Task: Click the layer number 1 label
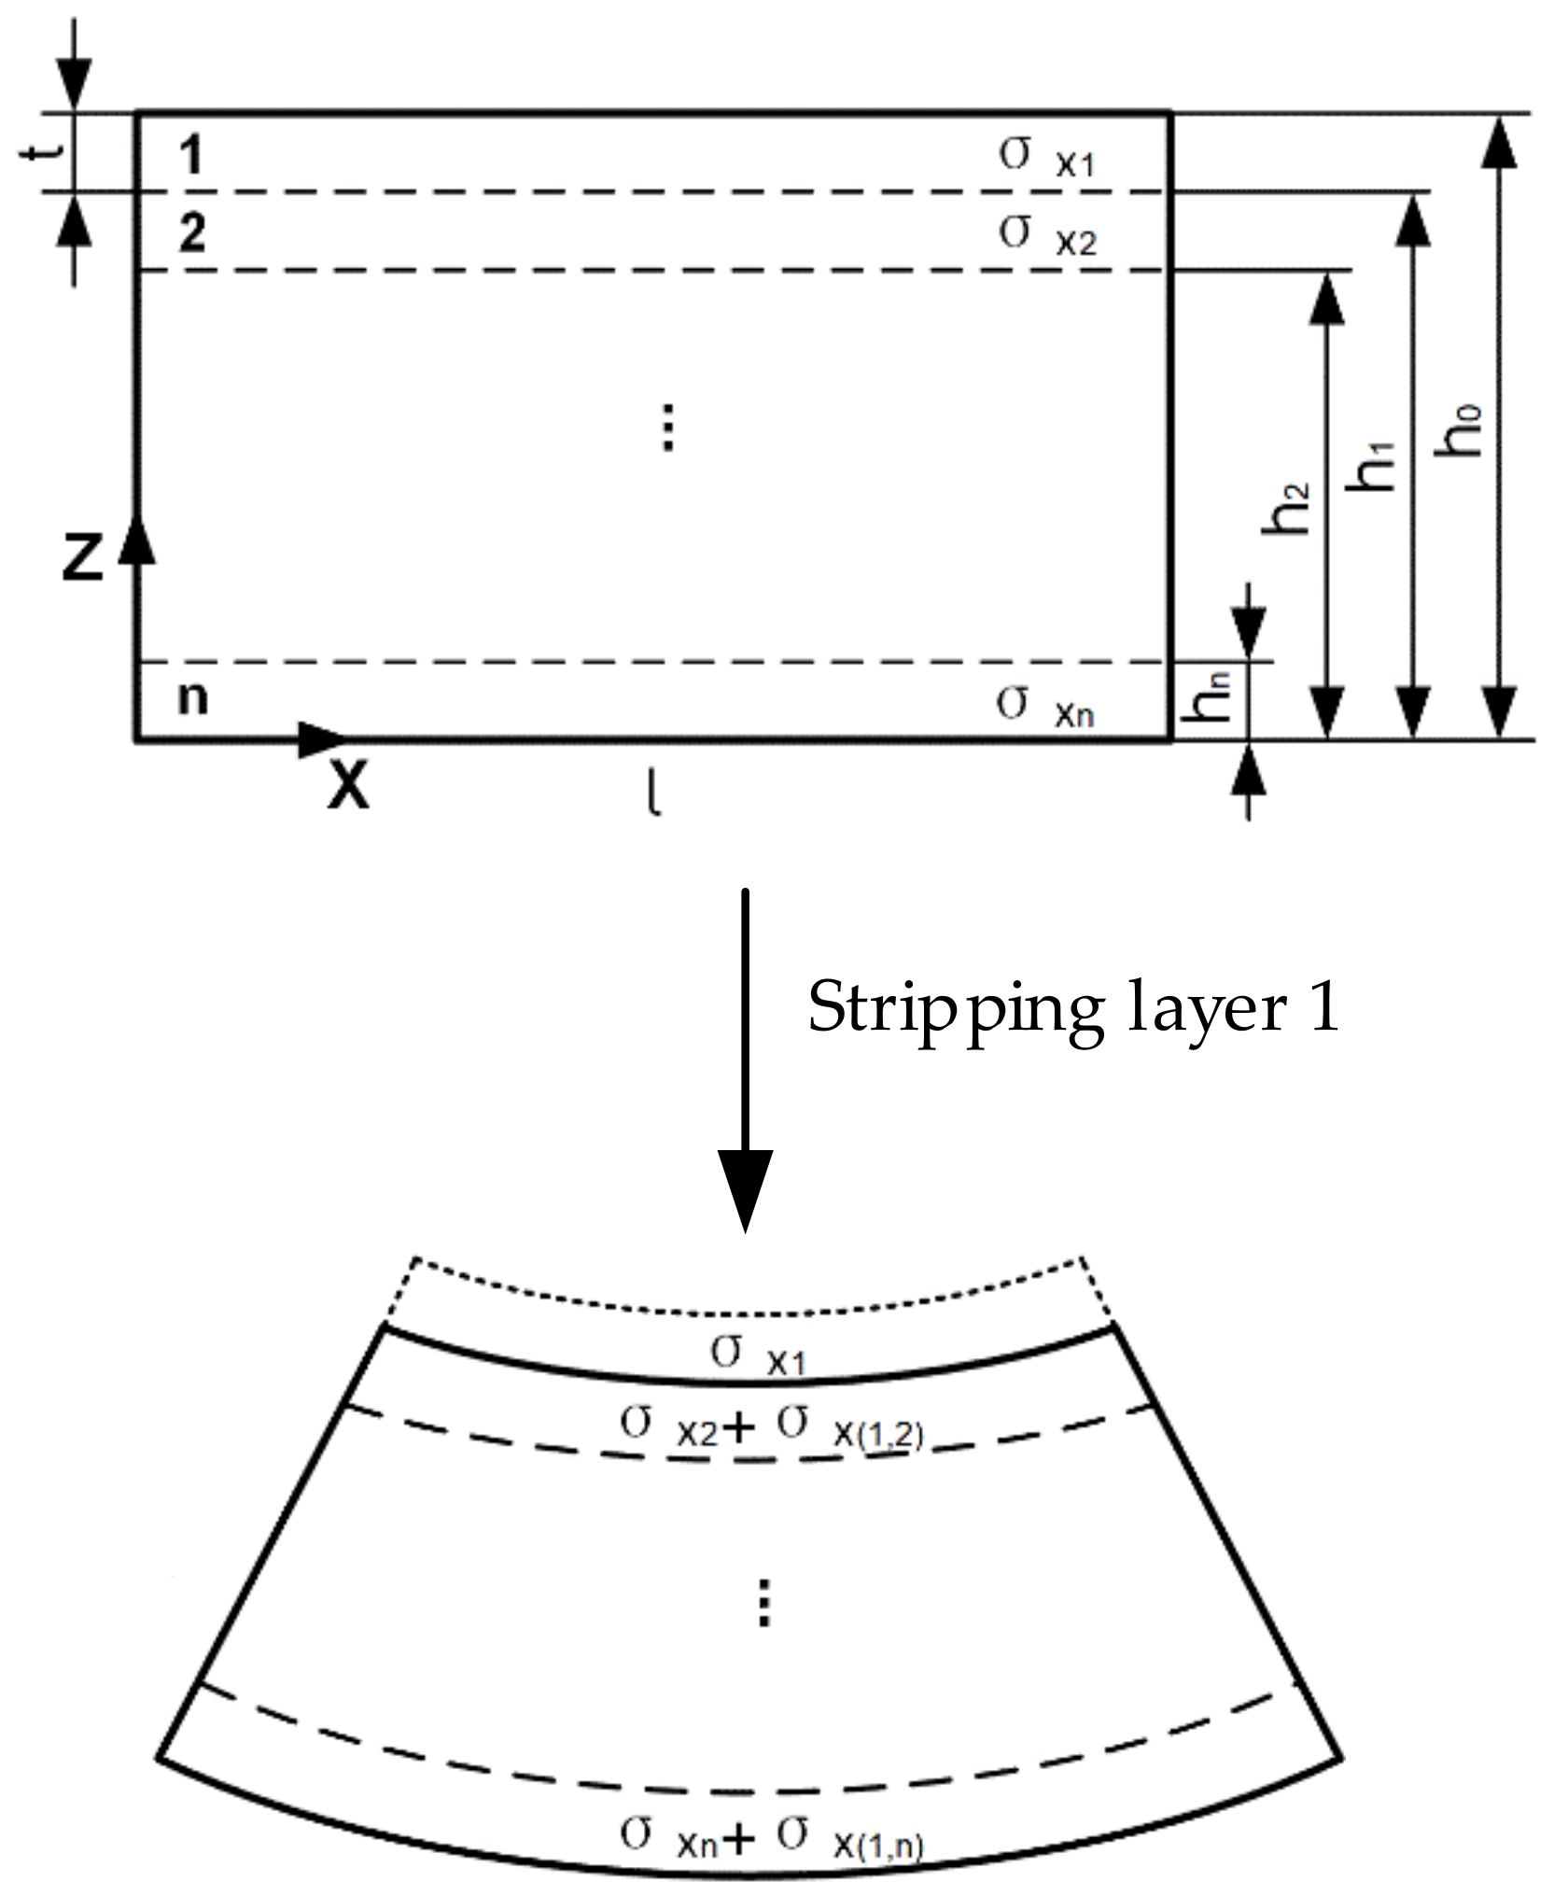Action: click(x=190, y=155)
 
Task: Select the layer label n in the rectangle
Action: click(x=192, y=697)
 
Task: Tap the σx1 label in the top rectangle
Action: click(x=1044, y=157)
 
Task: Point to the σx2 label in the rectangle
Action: click(x=1045, y=234)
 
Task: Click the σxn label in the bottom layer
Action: click(x=1043, y=707)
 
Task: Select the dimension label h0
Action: click(x=1458, y=429)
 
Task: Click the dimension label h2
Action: click(x=1286, y=509)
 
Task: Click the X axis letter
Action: click(x=348, y=786)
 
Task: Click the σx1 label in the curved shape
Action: click(x=757, y=1355)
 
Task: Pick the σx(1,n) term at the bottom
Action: click(x=848, y=1836)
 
